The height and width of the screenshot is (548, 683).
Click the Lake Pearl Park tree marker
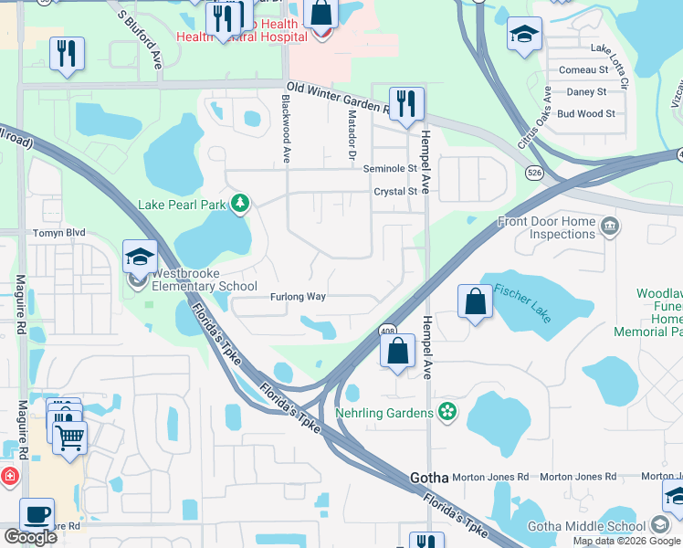point(240,203)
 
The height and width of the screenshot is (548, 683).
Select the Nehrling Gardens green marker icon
point(447,413)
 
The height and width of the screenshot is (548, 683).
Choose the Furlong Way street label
point(298,297)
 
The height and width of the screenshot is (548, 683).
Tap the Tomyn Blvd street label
point(59,233)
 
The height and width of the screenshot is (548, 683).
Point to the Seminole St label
point(390,169)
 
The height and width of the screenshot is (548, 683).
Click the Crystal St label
point(395,192)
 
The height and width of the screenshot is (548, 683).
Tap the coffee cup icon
point(37,514)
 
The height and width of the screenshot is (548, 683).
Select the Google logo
point(30,537)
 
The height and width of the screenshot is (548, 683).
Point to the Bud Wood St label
point(585,114)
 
